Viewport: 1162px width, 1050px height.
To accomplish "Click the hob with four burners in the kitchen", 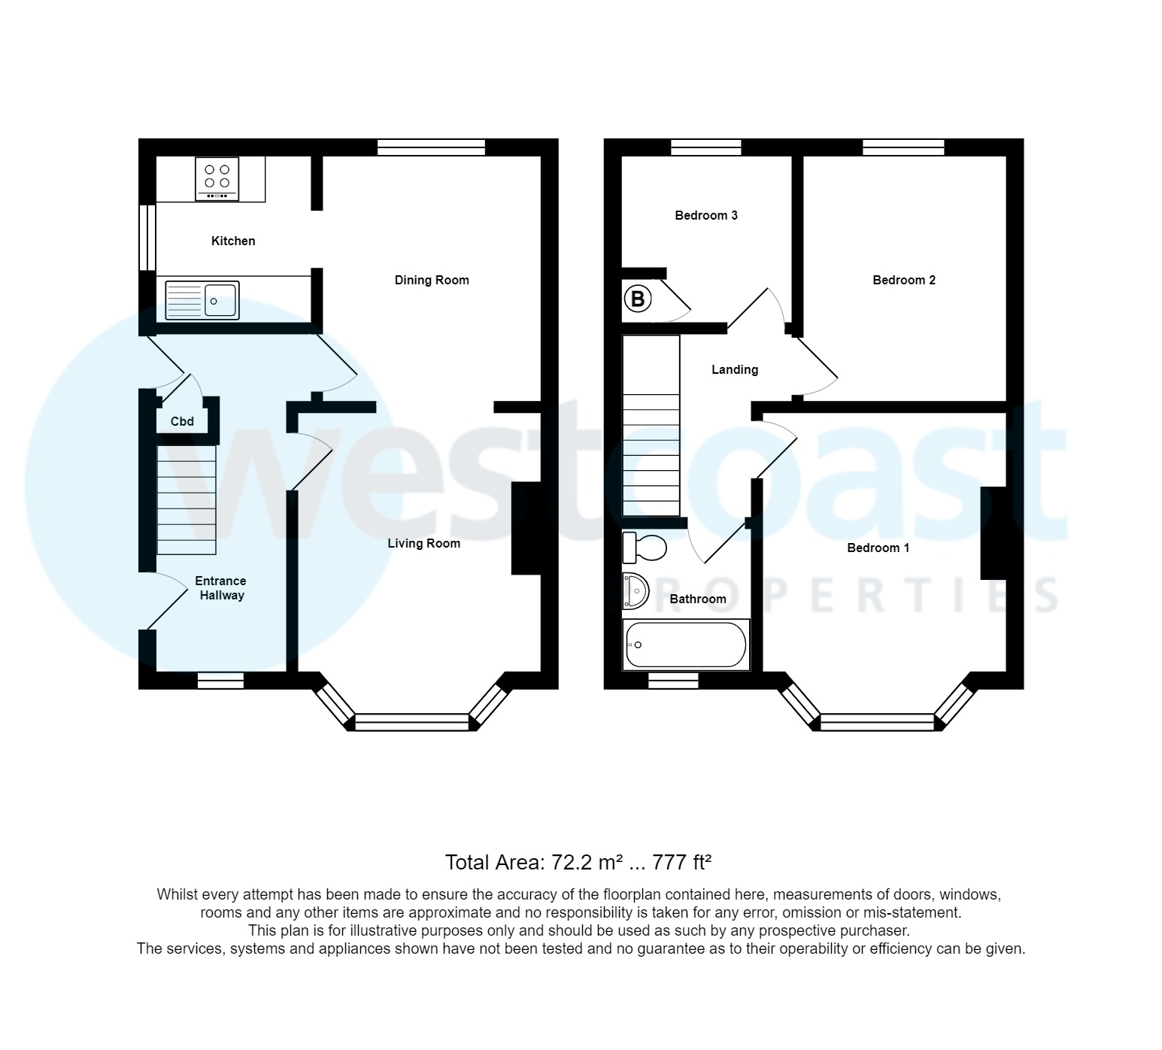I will (217, 178).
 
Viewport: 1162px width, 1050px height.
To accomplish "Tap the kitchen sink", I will (202, 301).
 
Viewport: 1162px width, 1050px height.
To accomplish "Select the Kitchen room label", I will (233, 241).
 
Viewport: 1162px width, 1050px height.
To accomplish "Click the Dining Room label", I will (432, 281).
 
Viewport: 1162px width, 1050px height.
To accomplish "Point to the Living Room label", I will (423, 544).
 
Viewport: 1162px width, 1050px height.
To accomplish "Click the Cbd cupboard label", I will (182, 422).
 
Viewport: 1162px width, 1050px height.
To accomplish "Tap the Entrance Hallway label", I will (220, 588).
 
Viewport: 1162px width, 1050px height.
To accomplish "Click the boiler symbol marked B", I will (638, 300).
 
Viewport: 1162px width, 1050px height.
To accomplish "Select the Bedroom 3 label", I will (705, 216).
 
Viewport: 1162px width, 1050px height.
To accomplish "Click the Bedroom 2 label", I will (903, 281).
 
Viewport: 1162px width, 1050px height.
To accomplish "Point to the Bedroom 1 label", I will (878, 548).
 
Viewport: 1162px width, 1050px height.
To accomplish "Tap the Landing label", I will (735, 370).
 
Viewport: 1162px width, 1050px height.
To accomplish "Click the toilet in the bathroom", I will (645, 548).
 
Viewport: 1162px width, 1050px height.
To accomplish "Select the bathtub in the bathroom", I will (685, 645).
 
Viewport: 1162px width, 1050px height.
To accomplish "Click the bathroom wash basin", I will (636, 591).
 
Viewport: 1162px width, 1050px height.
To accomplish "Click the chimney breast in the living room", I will (526, 528).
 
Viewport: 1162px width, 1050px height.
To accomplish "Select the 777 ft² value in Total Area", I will (681, 862).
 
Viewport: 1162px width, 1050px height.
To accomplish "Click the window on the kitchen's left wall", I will (147, 237).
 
